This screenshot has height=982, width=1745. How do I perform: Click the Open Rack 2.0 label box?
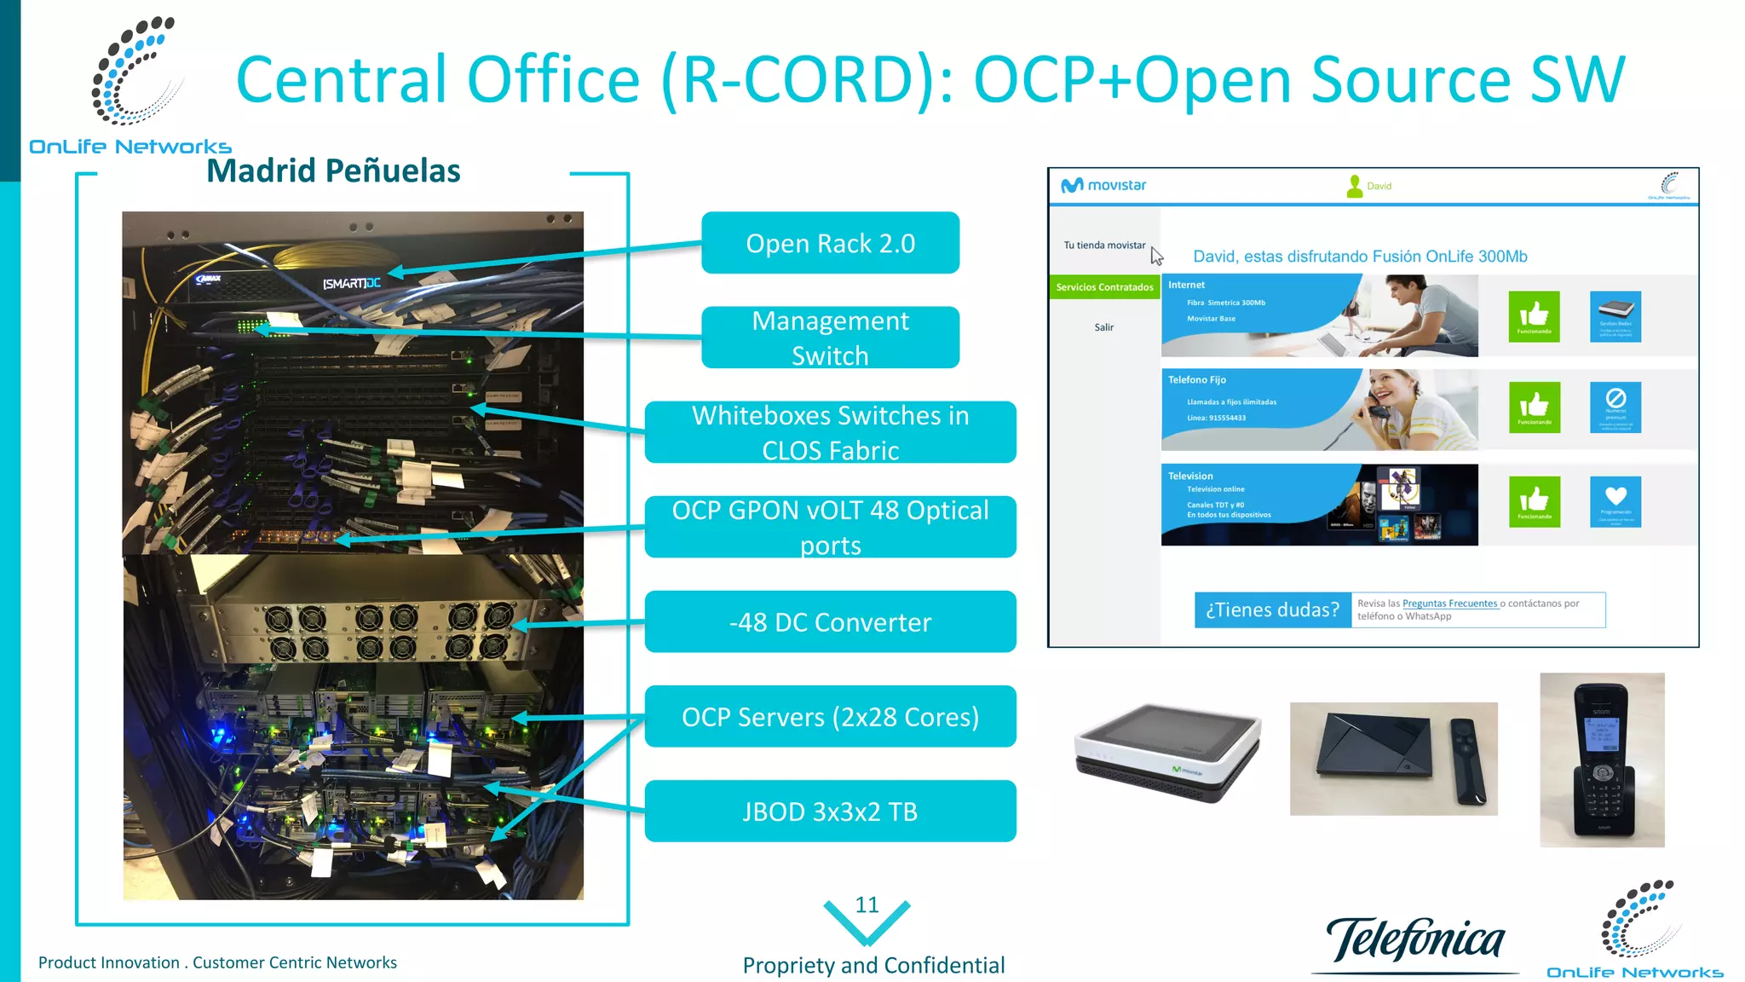830,243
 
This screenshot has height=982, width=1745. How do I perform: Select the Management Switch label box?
830,338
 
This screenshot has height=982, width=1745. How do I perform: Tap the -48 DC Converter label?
830,621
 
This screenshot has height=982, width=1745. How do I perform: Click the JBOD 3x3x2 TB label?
830,811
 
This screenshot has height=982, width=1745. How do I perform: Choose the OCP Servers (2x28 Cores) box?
830,716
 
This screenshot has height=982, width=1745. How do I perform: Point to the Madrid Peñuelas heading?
333,170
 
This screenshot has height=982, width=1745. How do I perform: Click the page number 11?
867,904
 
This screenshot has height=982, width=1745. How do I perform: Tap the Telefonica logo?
1415,940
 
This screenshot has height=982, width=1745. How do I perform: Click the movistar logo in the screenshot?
1103,185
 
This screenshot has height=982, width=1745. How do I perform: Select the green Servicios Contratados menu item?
1104,287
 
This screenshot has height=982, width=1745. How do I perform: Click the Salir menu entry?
1103,327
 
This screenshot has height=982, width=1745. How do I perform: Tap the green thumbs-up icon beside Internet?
1534,316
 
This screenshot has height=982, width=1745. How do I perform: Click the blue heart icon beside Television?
1615,501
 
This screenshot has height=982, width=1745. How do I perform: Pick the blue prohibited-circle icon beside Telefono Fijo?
1615,407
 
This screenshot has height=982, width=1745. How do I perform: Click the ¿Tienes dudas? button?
1272,609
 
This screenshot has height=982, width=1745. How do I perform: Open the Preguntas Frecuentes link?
1449,604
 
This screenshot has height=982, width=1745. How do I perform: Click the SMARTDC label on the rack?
351,283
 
